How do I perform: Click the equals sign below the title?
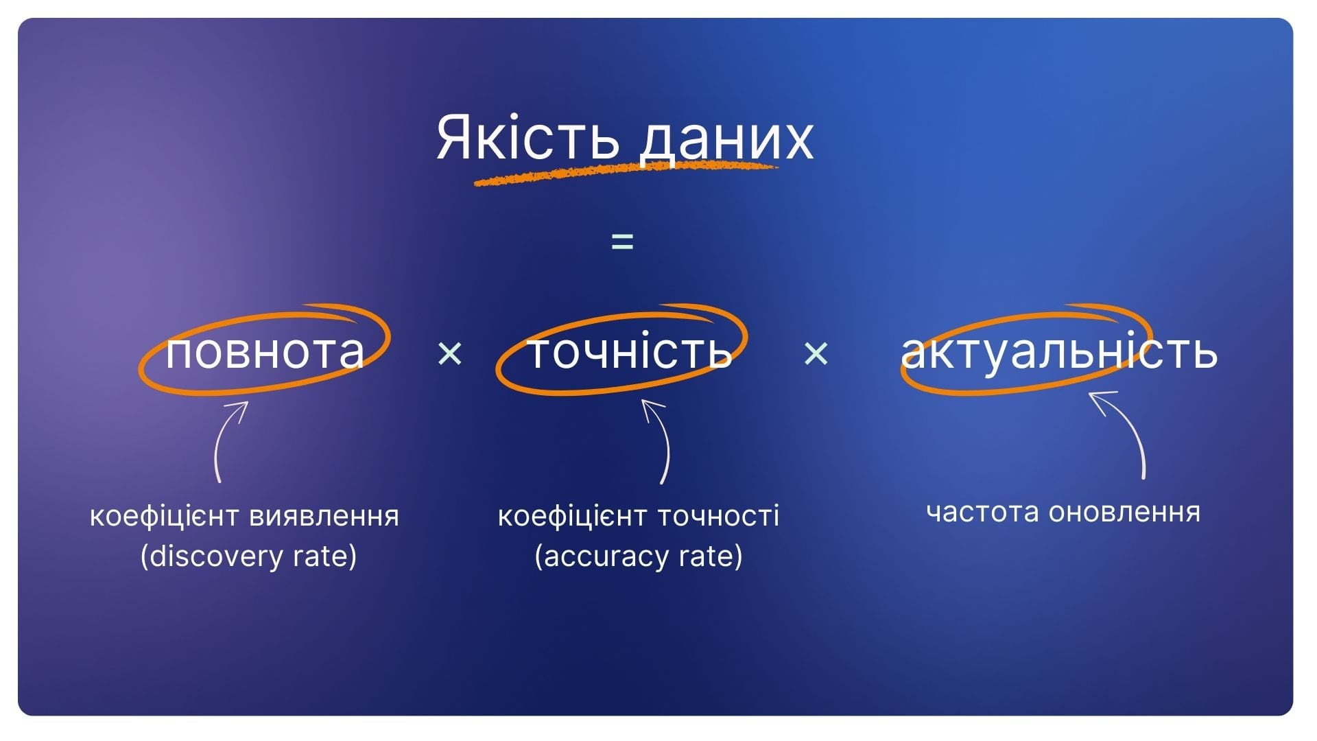point(622,242)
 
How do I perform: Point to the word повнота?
point(265,351)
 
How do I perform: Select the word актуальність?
point(1059,351)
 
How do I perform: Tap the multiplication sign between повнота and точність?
point(449,354)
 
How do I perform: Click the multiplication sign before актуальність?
point(816,354)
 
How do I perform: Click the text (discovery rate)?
point(248,556)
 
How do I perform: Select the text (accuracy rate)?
point(639,556)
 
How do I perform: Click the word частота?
point(982,513)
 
